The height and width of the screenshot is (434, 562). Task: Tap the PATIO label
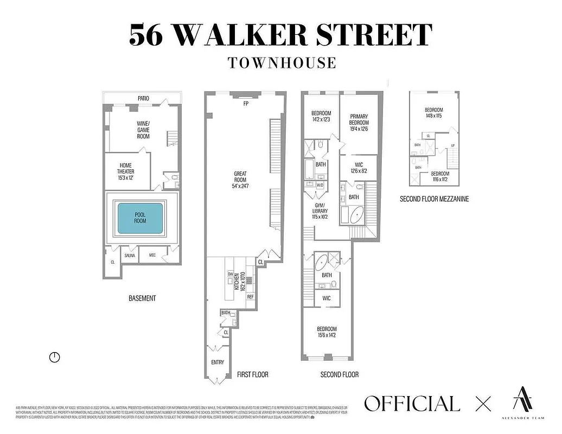[x=143, y=98]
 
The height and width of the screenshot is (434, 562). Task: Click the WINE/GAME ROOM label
[x=143, y=130]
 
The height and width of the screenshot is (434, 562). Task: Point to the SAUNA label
[x=130, y=255]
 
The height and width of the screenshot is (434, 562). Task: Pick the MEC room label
[x=152, y=255]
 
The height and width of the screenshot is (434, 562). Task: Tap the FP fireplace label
[x=246, y=104]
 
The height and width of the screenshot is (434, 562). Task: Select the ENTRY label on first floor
[x=217, y=362]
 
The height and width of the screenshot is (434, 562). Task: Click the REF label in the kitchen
[x=250, y=297]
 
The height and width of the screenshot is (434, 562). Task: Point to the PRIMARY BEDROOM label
[x=359, y=123]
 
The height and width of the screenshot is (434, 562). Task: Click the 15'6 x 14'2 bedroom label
[x=327, y=332]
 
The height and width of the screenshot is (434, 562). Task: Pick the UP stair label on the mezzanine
[x=452, y=145]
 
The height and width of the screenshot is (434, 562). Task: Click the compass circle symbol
[x=54, y=357]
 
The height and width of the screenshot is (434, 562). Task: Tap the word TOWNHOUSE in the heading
[x=282, y=62]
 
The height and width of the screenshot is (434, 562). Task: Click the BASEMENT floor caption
[x=142, y=298]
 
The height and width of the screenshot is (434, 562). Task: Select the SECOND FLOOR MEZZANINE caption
[x=434, y=199]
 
